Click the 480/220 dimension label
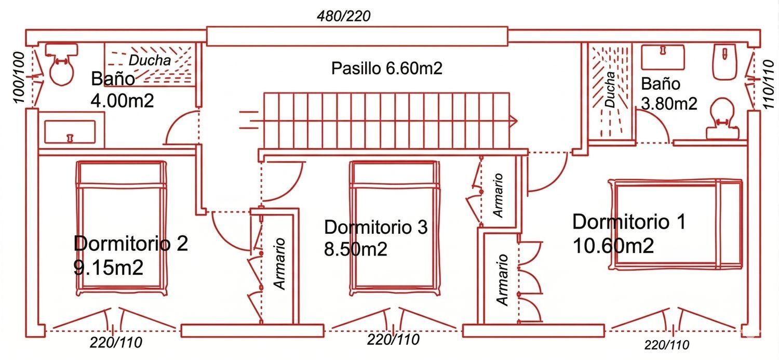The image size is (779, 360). (344, 16)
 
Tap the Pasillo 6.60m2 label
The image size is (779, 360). (387, 68)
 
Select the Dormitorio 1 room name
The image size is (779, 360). (628, 222)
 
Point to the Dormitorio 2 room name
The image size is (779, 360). (131, 244)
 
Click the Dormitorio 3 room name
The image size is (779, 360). (375, 227)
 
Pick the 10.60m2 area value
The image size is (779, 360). (613, 245)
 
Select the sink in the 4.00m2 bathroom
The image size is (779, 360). (70, 131)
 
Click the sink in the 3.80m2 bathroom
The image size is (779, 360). (663, 57)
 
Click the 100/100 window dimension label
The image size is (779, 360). (18, 78)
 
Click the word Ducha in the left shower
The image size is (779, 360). (150, 60)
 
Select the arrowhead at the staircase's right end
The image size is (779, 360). (514, 121)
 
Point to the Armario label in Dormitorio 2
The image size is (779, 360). (280, 263)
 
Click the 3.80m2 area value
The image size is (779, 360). (669, 103)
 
